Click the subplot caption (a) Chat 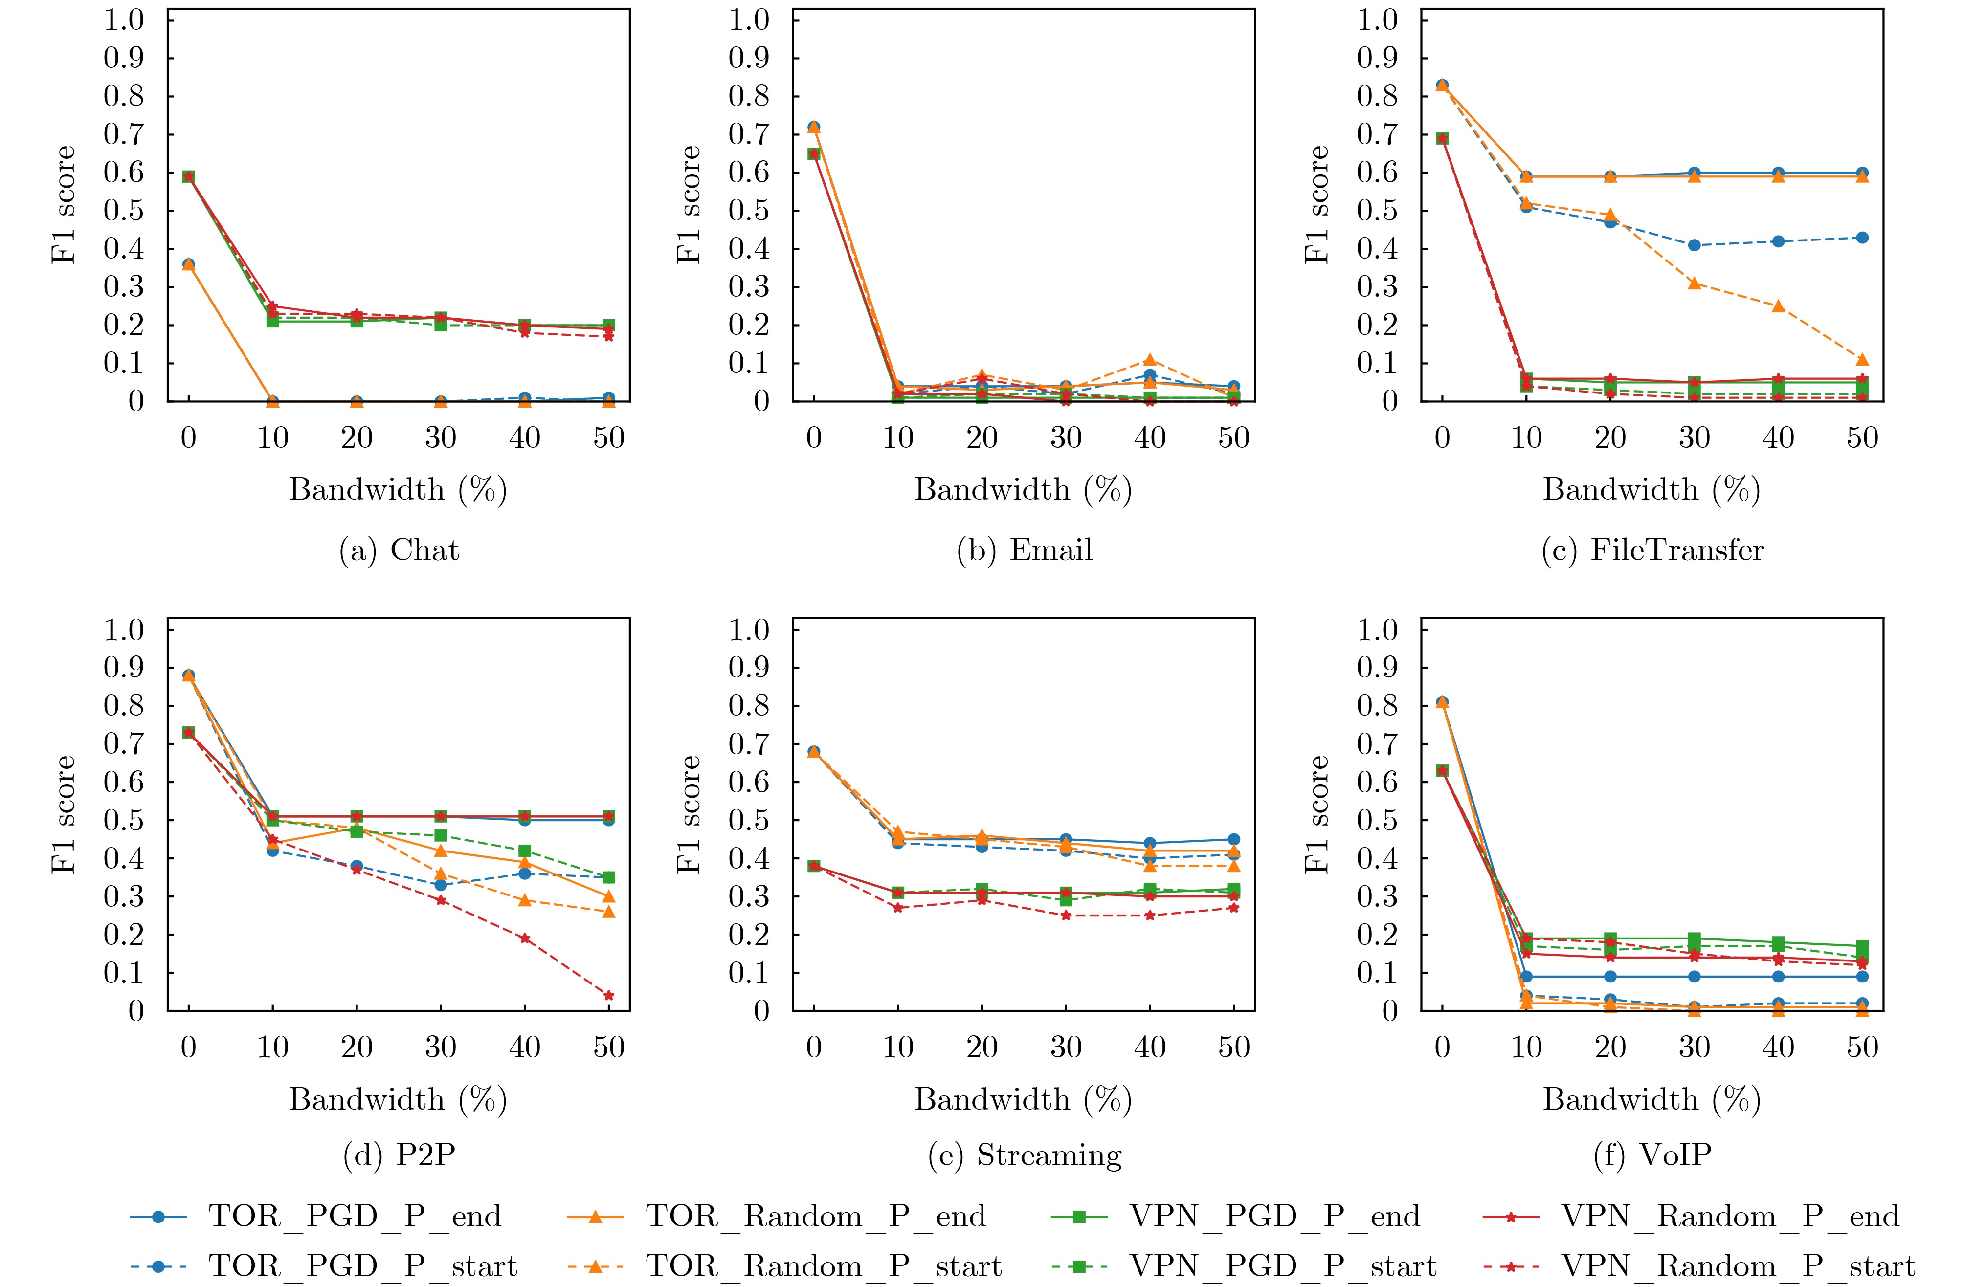tap(399, 550)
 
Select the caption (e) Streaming tap(1024, 1156)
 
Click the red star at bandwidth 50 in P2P tap(609, 996)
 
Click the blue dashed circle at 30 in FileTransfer tap(1694, 245)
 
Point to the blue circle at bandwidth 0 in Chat tap(189, 264)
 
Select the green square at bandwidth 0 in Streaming tap(814, 866)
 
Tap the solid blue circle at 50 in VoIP tap(1862, 977)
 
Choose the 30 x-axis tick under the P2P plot tap(441, 1048)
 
